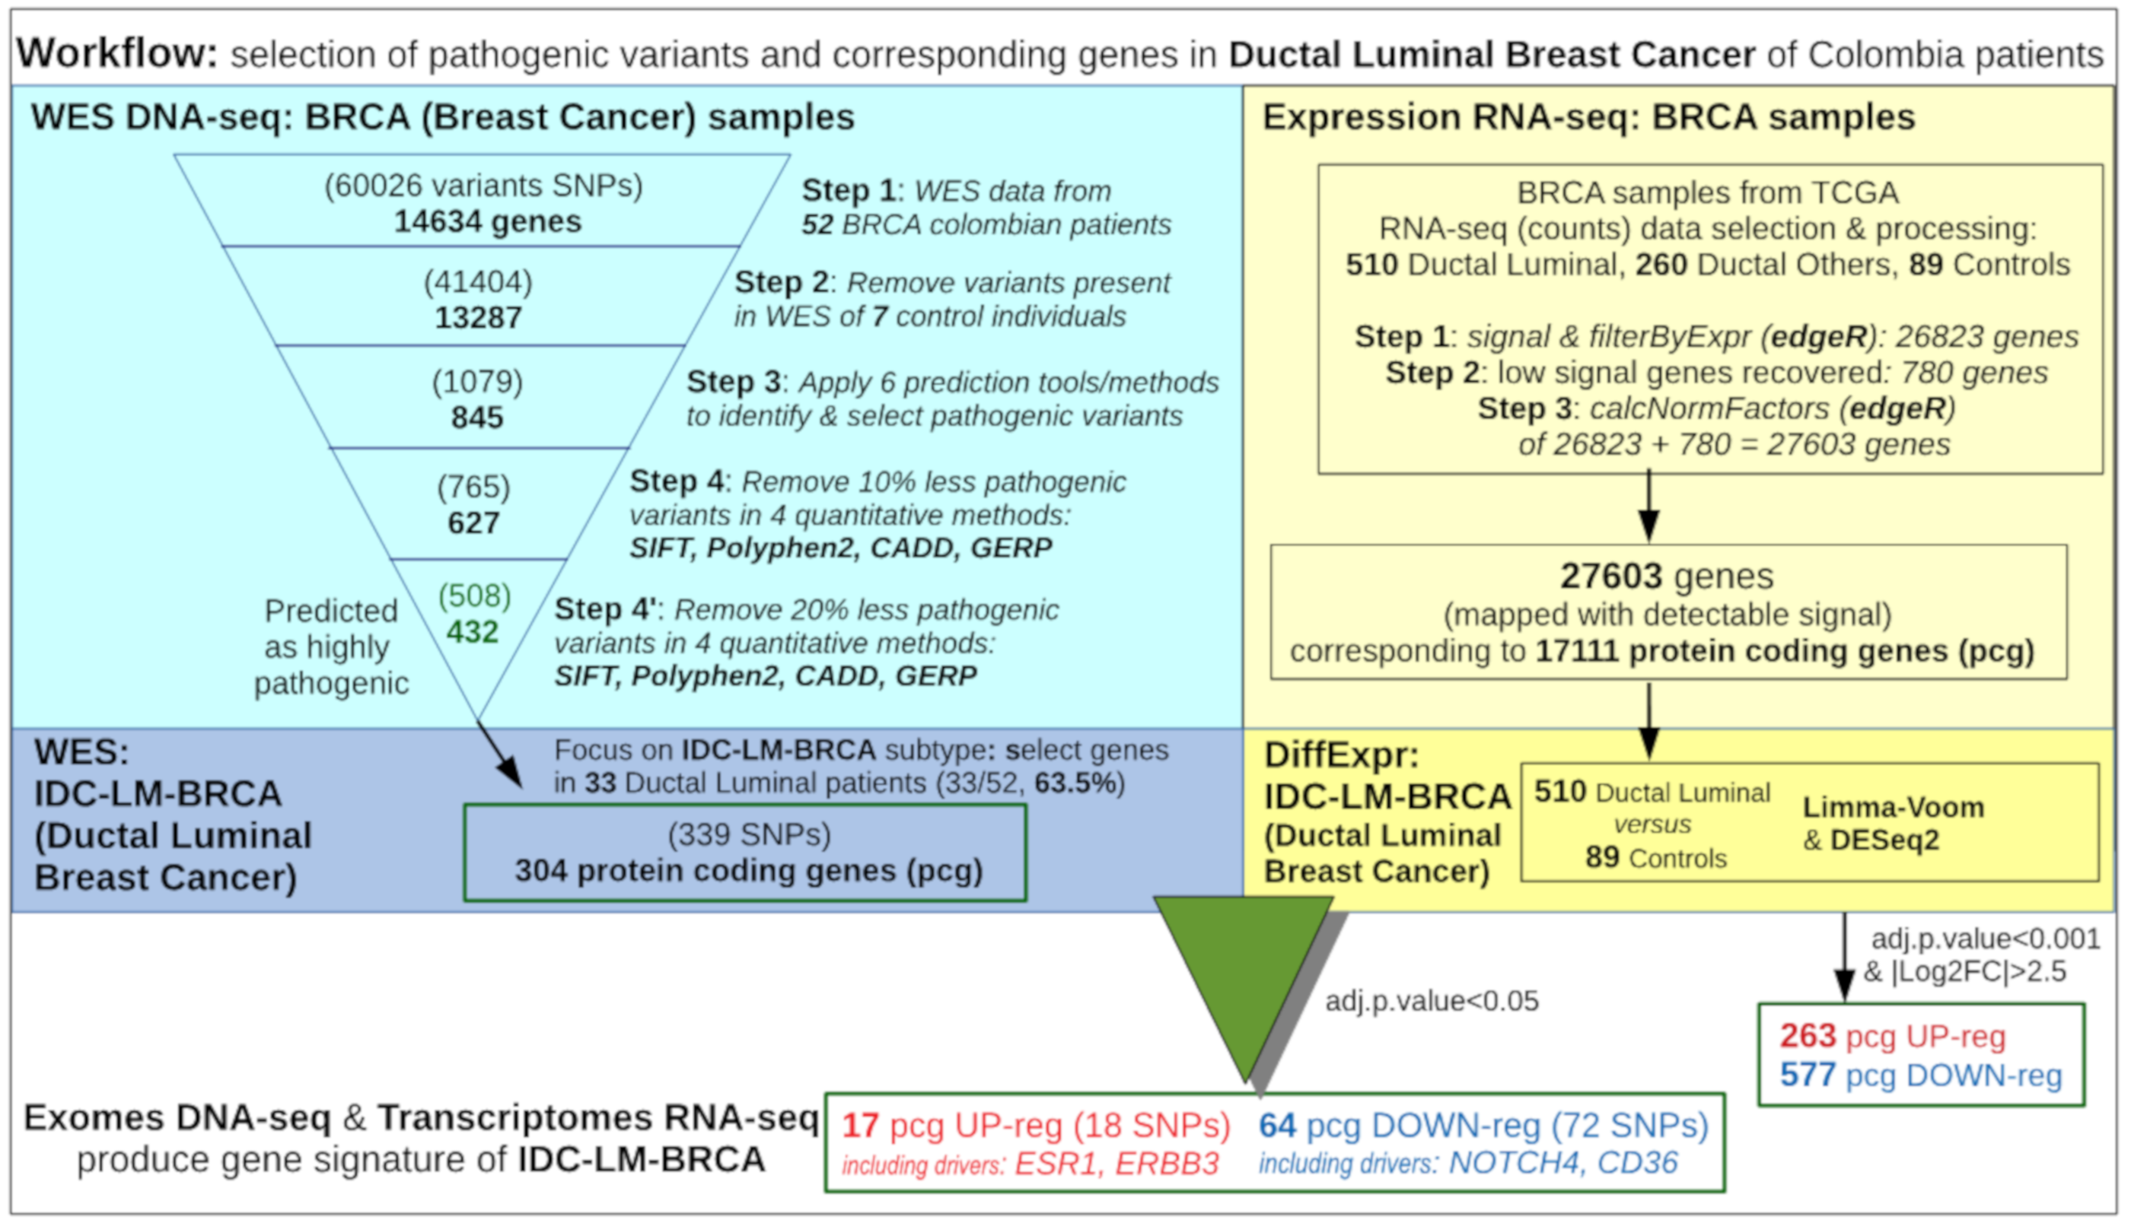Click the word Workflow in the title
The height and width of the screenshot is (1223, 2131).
click(x=116, y=54)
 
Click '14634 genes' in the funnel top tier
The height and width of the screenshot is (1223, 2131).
click(x=487, y=222)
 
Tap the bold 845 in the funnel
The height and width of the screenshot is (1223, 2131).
click(x=476, y=418)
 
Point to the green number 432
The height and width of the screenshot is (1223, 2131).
click(x=473, y=632)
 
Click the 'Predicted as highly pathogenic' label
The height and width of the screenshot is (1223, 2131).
click(x=331, y=646)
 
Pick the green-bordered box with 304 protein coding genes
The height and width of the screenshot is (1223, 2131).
click(x=744, y=853)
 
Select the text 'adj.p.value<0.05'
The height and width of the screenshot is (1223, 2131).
click(x=1431, y=1001)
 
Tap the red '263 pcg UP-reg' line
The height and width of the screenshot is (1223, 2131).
click(x=1891, y=1037)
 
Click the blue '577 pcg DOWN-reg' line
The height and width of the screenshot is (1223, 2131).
click(x=1920, y=1075)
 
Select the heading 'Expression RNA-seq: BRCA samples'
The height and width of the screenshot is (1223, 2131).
click(x=1588, y=117)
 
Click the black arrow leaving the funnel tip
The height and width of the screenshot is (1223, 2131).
click(x=500, y=755)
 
